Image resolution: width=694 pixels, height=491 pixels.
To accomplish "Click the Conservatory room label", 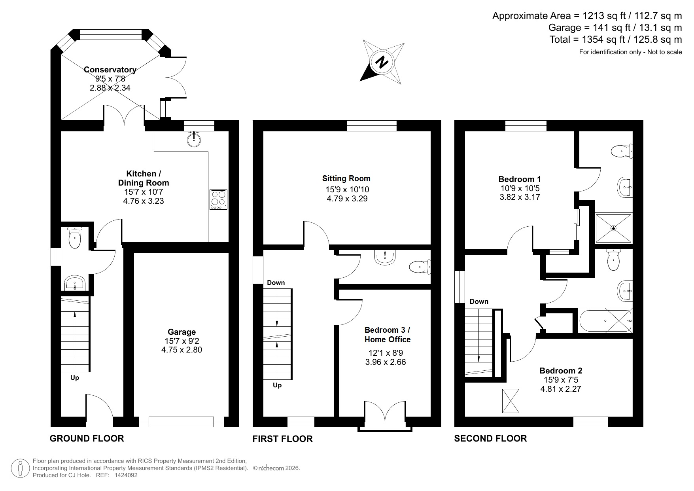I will [110, 70].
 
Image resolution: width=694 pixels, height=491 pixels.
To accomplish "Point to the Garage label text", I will [182, 332].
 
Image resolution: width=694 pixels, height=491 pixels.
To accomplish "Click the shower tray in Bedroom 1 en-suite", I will [614, 228].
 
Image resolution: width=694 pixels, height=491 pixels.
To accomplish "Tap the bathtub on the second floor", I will [605, 320].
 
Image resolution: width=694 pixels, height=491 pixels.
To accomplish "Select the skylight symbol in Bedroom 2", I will [511, 401].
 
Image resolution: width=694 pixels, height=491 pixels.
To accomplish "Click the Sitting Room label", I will [346, 178].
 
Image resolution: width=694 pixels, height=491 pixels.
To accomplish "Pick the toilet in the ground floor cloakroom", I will [74, 237].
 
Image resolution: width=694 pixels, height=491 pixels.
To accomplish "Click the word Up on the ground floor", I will [75, 378].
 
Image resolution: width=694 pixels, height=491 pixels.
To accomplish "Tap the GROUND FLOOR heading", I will [87, 438].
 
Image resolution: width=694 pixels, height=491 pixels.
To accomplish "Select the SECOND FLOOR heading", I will [490, 438].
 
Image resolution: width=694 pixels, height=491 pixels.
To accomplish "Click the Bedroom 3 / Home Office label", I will [388, 335].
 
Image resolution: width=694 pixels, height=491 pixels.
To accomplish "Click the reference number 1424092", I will [125, 475].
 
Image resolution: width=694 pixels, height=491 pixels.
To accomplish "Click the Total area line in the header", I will [615, 40].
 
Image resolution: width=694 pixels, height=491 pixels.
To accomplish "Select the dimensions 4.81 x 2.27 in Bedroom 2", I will [561, 389].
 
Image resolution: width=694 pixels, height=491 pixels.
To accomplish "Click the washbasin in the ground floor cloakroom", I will [74, 283].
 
